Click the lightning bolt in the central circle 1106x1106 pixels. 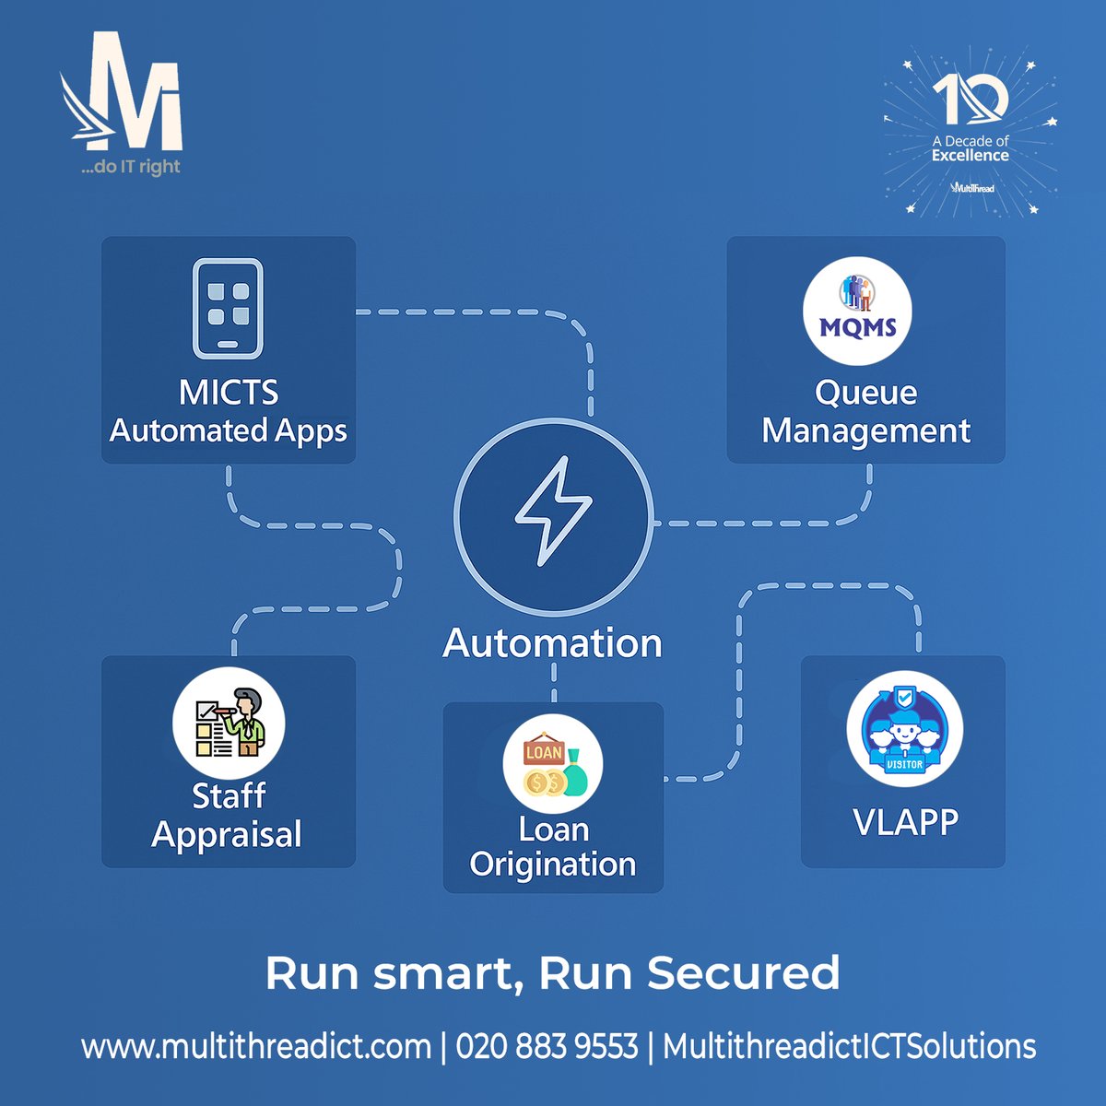click(553, 512)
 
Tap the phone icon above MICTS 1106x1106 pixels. click(228, 308)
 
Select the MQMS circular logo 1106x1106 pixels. click(857, 311)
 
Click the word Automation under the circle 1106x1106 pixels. click(552, 643)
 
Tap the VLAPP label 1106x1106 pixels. click(905, 821)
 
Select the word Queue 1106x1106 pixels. click(865, 393)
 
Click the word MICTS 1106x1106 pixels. click(229, 393)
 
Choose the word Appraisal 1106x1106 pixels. click(227, 835)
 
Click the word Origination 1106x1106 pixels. click(553, 865)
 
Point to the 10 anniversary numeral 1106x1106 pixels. click(970, 100)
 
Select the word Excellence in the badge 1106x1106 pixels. click(970, 156)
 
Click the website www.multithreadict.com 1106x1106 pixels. click(256, 1047)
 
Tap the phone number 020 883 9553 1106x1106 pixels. click(547, 1047)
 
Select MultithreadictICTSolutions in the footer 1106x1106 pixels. click(849, 1047)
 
